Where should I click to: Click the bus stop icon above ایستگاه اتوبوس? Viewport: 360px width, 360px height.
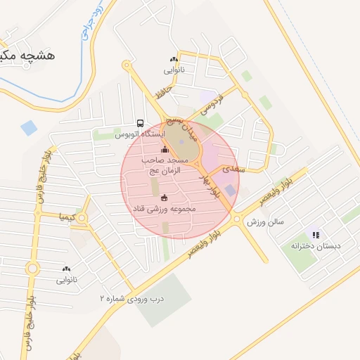(141, 122)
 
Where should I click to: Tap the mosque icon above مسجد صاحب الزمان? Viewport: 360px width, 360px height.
(165, 149)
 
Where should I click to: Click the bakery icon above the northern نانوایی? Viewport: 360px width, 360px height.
(173, 60)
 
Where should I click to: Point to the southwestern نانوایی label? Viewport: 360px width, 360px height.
(67, 280)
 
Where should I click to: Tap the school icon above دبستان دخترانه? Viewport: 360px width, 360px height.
(316, 235)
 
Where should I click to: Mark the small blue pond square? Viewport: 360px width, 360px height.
(29, 128)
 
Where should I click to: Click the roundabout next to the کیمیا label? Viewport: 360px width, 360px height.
(82, 219)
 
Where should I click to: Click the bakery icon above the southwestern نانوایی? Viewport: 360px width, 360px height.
(67, 269)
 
